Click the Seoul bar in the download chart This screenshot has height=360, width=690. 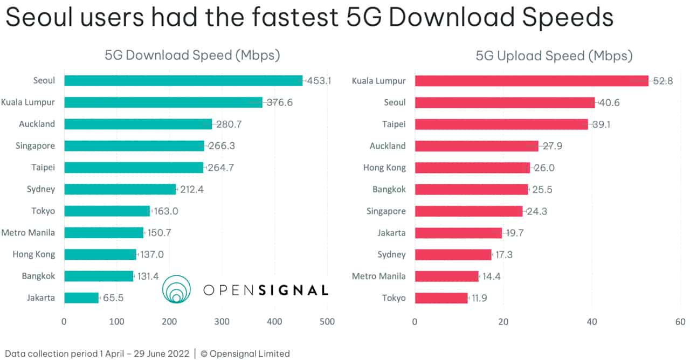183,81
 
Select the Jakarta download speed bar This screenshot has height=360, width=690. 81,297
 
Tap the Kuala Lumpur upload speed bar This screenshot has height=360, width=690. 531,81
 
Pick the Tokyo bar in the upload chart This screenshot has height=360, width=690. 441,297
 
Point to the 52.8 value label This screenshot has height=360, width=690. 663,81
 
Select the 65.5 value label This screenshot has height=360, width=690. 113,297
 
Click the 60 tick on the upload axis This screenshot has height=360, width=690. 680,322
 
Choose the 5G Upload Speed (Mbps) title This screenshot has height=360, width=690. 554,56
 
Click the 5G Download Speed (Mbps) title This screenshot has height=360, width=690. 192,56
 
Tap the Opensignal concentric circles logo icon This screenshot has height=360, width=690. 177,290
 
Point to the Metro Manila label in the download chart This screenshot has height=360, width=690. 28,233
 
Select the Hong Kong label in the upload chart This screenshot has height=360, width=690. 384,168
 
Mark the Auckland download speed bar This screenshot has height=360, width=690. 138,124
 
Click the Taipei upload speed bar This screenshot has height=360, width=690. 501,124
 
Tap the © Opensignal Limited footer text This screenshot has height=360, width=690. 245,354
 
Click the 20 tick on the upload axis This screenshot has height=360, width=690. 503,322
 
